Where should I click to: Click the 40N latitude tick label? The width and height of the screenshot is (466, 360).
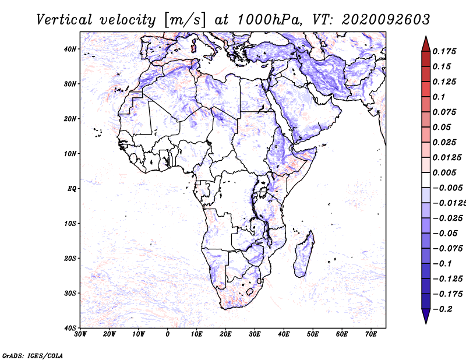tap(69, 49)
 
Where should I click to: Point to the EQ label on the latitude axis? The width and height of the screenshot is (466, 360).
tap(72, 189)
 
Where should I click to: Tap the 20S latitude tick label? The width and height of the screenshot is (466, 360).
tap(70, 258)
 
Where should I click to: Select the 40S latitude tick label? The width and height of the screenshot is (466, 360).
tap(70, 328)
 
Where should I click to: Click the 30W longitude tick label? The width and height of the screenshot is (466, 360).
tap(80, 334)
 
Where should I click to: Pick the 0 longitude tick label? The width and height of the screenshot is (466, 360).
tap(168, 334)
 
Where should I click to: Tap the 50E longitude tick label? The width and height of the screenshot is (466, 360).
tap(313, 334)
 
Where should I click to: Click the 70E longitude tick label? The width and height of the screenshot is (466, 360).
tap(371, 334)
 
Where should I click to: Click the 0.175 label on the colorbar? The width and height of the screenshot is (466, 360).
tap(444, 51)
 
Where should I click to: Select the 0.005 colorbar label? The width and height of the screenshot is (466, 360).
tap(444, 172)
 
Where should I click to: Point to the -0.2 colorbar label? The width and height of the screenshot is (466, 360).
tap(442, 309)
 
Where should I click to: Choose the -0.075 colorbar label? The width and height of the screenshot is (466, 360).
tap(448, 249)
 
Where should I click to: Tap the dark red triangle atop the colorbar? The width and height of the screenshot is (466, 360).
tap(426, 44)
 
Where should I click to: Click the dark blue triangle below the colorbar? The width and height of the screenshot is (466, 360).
tap(426, 316)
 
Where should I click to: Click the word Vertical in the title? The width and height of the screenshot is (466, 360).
tap(64, 20)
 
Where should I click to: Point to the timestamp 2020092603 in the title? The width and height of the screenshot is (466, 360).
tap(386, 20)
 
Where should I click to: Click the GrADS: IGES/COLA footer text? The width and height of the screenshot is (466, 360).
tap(33, 355)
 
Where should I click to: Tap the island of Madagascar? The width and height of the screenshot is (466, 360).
tap(303, 255)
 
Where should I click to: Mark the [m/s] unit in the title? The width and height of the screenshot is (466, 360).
tap(184, 20)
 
